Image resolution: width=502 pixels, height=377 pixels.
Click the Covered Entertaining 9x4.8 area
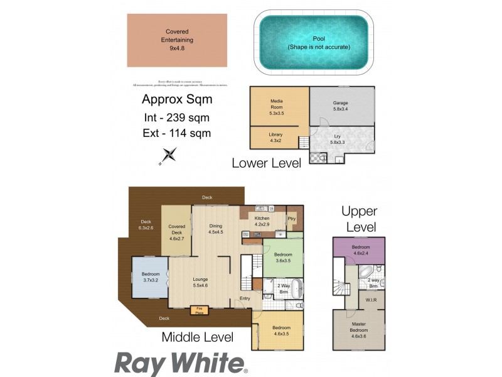[x=177, y=40]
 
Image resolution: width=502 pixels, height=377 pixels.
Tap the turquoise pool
[x=314, y=43]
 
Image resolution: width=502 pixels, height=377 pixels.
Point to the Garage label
[x=340, y=106]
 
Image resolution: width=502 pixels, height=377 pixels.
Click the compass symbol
[x=169, y=155]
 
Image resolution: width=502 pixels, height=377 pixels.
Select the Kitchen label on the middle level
[x=262, y=221]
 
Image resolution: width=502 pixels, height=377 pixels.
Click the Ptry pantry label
[x=292, y=218]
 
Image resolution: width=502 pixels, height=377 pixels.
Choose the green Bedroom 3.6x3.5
[x=283, y=257]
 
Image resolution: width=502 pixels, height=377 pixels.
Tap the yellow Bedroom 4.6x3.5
[x=280, y=331]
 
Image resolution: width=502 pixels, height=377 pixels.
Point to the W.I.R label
[x=371, y=300]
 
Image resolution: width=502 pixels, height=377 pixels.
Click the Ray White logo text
[x=180, y=364]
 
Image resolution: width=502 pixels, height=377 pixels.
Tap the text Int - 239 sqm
[x=176, y=117]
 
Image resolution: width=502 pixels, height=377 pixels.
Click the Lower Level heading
[x=266, y=163]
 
